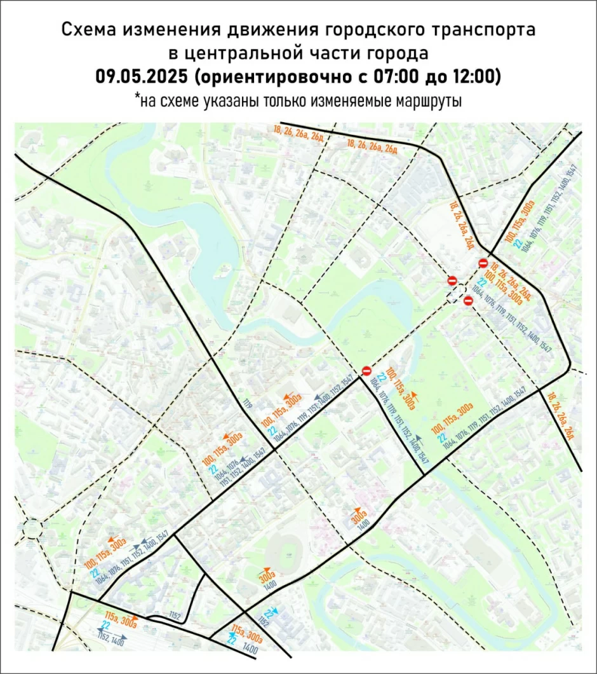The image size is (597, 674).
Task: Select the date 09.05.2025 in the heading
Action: [142, 76]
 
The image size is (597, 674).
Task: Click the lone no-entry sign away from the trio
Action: [366, 371]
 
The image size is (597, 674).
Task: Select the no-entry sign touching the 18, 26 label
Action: [483, 263]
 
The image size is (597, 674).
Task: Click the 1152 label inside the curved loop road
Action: [176, 616]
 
